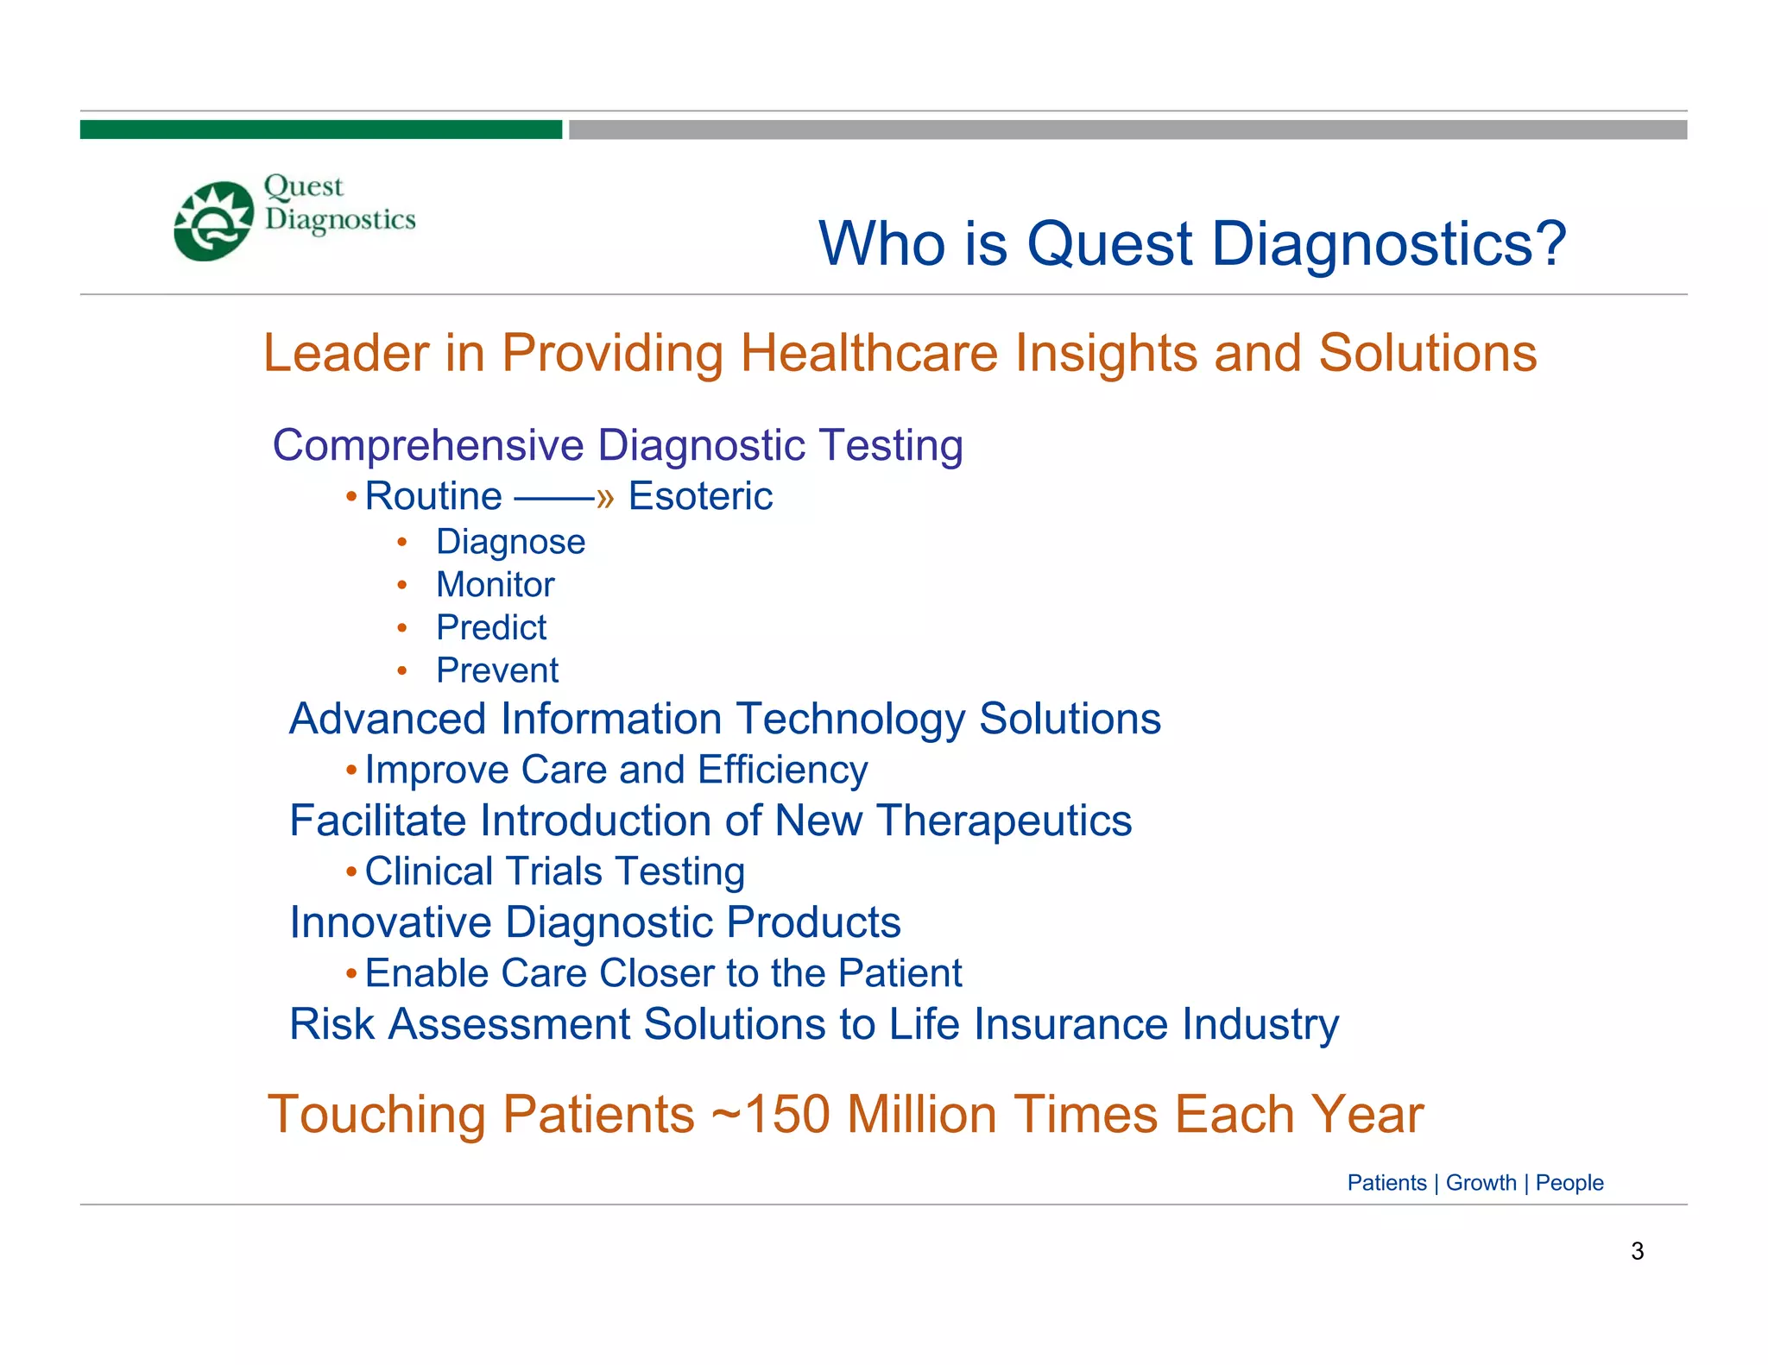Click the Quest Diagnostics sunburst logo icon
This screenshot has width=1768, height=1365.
(x=213, y=221)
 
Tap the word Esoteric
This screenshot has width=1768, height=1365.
(x=700, y=496)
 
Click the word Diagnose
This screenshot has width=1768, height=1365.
(x=510, y=542)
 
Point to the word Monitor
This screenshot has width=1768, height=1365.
(x=495, y=585)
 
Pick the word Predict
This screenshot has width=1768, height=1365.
(x=490, y=627)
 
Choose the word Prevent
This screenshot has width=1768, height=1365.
(x=496, y=670)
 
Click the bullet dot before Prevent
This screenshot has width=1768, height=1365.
(x=401, y=670)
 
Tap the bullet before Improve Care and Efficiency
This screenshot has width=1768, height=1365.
(x=351, y=769)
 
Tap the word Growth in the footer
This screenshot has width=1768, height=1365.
(x=1481, y=1183)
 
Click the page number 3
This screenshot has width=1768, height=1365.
(x=1637, y=1251)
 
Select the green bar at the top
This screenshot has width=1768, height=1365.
(x=320, y=129)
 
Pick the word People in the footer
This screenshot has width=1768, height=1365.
(x=1569, y=1183)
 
